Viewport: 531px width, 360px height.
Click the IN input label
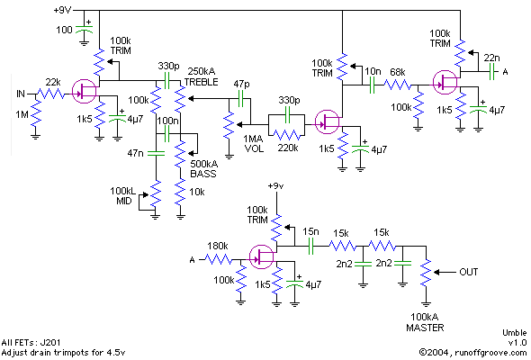pos(21,94)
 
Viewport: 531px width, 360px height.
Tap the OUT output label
pos(469,272)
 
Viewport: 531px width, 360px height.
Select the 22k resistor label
pos(53,82)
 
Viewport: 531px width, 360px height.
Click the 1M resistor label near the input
pos(22,115)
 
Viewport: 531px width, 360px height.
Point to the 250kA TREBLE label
pos(202,76)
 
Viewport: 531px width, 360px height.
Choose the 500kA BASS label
pos(204,168)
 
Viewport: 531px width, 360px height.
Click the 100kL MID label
pos(123,195)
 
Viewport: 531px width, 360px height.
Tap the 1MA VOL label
pos(253,144)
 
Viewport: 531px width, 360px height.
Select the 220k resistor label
pos(288,148)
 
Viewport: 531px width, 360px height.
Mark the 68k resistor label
pos(398,72)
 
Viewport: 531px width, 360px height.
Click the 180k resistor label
pos(218,246)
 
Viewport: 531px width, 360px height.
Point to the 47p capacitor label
pos(241,84)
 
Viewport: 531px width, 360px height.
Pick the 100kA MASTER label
pos(425,322)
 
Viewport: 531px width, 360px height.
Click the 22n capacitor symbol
pos(491,72)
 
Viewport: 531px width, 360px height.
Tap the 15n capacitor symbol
pos(311,247)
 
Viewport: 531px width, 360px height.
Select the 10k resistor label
pos(197,192)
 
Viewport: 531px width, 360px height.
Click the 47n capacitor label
pos(135,153)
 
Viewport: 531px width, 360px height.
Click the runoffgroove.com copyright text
pos(472,352)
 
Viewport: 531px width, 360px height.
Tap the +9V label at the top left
pos(62,10)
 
